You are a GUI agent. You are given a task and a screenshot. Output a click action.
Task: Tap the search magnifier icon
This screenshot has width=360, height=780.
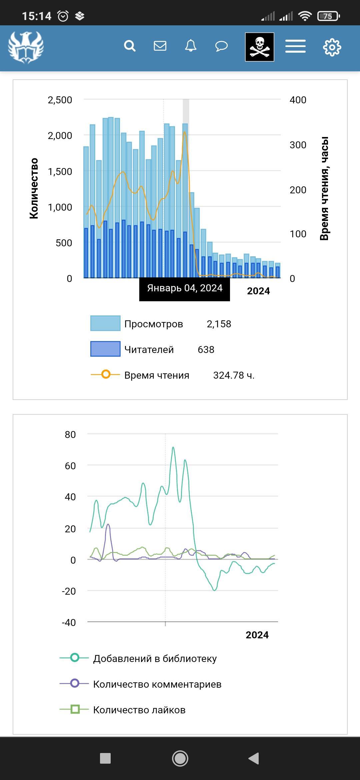click(x=130, y=46)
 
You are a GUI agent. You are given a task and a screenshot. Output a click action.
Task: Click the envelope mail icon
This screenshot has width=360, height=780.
click(x=160, y=46)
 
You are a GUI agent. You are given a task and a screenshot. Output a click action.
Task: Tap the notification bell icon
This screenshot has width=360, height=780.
click(x=191, y=46)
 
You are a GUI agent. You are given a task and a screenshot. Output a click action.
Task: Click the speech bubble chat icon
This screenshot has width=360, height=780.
click(x=221, y=46)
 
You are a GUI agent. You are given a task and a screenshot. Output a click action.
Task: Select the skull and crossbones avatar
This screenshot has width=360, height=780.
click(x=260, y=47)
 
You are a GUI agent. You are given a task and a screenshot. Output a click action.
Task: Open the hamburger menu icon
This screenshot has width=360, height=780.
click(x=295, y=46)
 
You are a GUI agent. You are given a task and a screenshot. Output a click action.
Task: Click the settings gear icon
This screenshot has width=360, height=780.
click(x=332, y=47)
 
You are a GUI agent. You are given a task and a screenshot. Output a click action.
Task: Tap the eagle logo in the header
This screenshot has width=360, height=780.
click(x=26, y=47)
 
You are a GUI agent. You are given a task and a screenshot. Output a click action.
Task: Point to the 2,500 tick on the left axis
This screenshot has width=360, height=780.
click(x=60, y=100)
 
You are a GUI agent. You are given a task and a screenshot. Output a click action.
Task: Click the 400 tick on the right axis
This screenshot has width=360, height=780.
click(x=298, y=100)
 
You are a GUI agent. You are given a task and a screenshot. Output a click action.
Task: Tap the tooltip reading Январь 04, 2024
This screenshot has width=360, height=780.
click(x=185, y=288)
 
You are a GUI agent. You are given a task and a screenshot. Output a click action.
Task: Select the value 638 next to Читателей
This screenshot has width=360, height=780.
click(x=206, y=350)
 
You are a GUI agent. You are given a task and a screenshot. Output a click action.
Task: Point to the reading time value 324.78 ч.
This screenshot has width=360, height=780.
click(x=234, y=375)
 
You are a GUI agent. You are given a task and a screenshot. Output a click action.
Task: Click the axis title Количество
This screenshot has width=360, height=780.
click(x=34, y=189)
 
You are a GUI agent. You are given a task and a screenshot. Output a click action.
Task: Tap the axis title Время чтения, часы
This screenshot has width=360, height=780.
click(x=324, y=188)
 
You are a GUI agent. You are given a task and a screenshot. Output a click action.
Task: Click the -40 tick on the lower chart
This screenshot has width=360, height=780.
click(x=69, y=623)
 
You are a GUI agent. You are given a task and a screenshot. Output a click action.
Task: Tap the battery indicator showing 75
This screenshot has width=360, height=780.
click(x=328, y=16)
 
